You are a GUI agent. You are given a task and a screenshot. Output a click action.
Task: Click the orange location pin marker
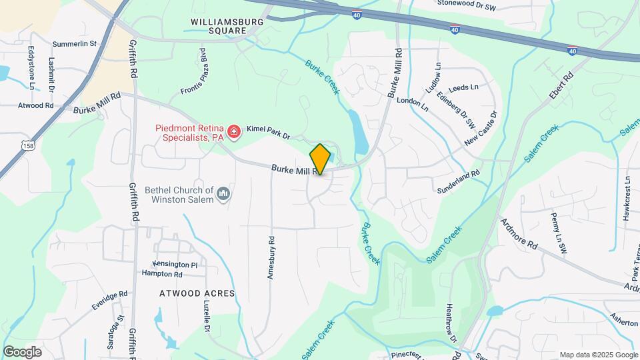(x=320, y=159)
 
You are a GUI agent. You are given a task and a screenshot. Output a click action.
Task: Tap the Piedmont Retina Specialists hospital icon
(x=233, y=133)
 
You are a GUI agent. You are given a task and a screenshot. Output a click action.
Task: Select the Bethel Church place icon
(x=223, y=194)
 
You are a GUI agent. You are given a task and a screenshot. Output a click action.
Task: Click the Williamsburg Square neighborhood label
(x=227, y=26)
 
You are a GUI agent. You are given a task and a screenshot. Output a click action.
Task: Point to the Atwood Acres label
(x=197, y=293)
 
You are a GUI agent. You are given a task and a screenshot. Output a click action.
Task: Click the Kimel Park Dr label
(x=269, y=132)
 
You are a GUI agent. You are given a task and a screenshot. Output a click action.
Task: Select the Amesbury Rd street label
(x=271, y=257)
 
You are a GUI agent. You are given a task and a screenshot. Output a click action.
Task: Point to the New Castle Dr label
(x=481, y=129)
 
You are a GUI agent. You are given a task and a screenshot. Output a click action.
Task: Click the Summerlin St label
(x=75, y=43)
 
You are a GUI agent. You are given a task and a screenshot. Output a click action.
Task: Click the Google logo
(x=22, y=351)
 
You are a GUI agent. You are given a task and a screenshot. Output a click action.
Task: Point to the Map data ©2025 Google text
(x=598, y=355)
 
